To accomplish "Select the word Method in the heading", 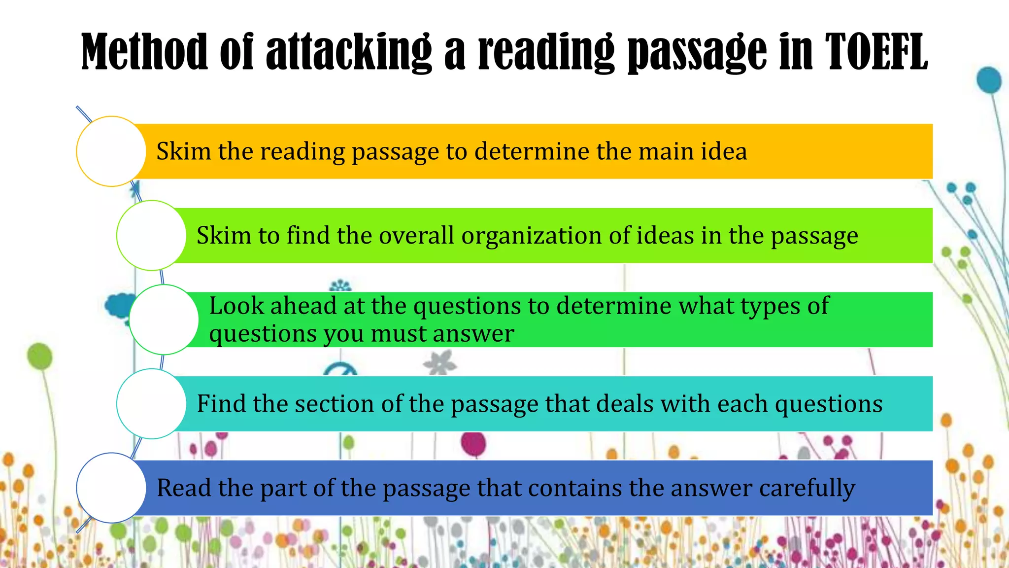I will click(144, 52).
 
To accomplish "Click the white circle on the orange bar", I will click(111, 151).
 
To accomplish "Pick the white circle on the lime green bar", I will click(151, 235).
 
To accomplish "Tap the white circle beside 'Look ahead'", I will click(164, 319).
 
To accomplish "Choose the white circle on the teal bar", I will click(151, 404).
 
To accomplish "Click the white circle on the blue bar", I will click(111, 488).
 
